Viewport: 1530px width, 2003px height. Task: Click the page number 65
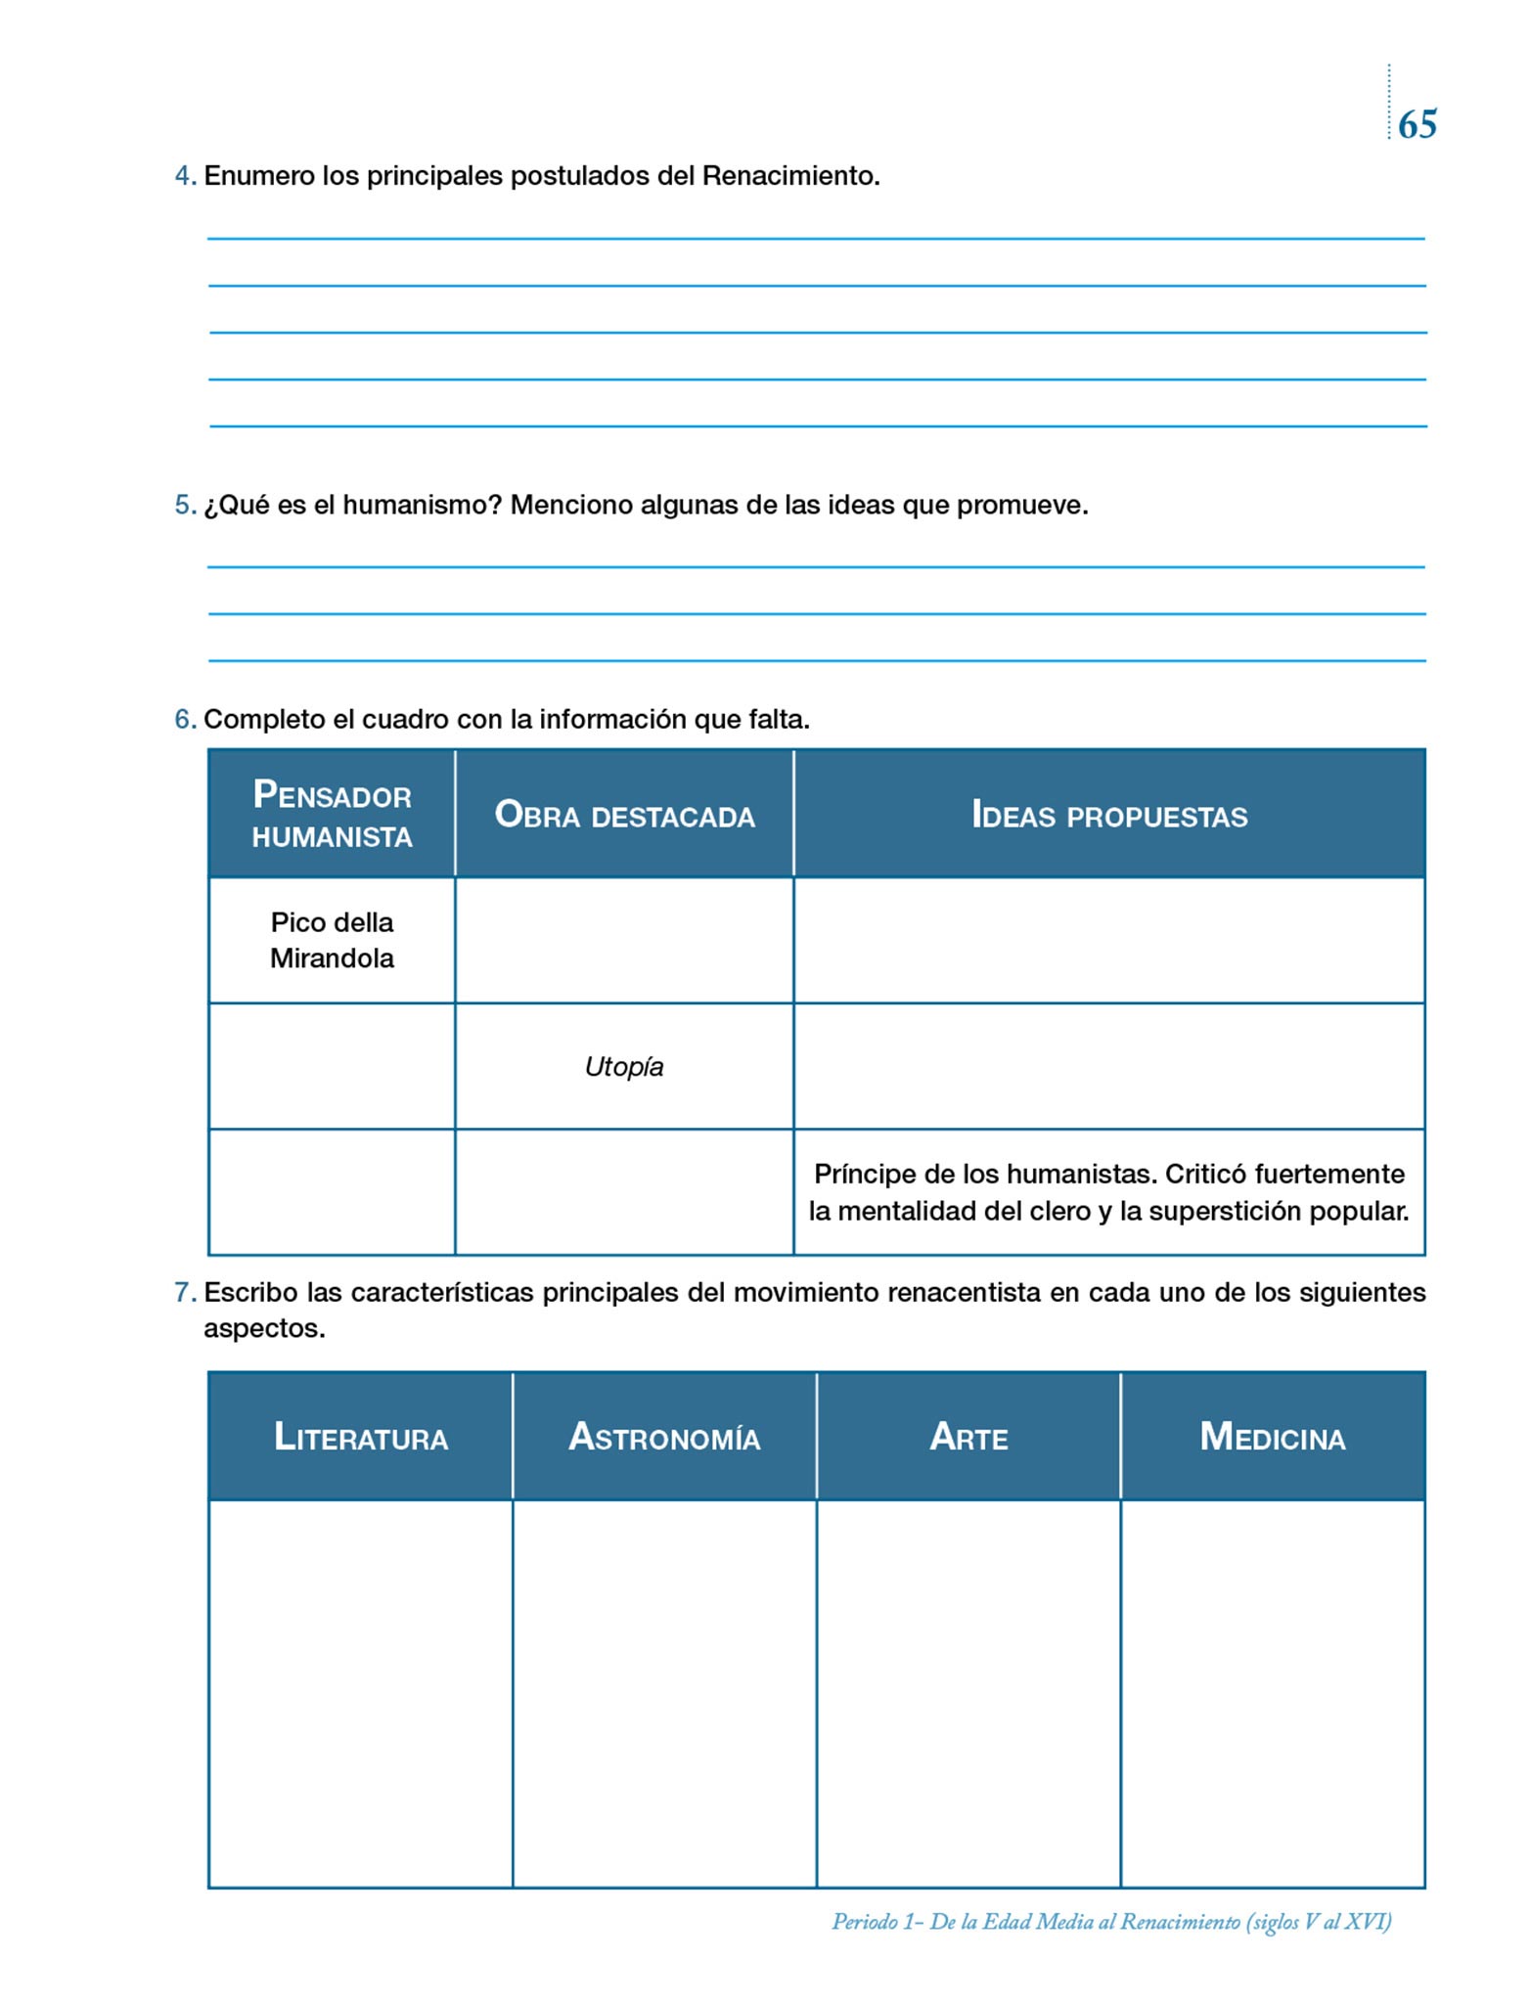click(1417, 125)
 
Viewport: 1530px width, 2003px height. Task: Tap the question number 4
click(183, 177)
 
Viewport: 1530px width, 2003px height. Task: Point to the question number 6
click(183, 720)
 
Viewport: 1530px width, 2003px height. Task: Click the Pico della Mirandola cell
click(332, 940)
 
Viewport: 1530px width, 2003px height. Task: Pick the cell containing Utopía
click(624, 1066)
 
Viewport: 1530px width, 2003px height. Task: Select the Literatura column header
click(361, 1437)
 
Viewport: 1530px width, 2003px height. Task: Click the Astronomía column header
click(664, 1437)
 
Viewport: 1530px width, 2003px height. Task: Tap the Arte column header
click(968, 1437)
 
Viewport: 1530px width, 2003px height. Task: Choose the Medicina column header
click(1273, 1437)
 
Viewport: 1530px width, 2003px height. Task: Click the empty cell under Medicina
click(1273, 1693)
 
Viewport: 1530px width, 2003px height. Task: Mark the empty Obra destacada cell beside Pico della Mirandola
click(624, 940)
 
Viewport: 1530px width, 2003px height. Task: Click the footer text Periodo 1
click(877, 1922)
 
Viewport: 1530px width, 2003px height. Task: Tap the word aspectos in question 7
click(263, 1329)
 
